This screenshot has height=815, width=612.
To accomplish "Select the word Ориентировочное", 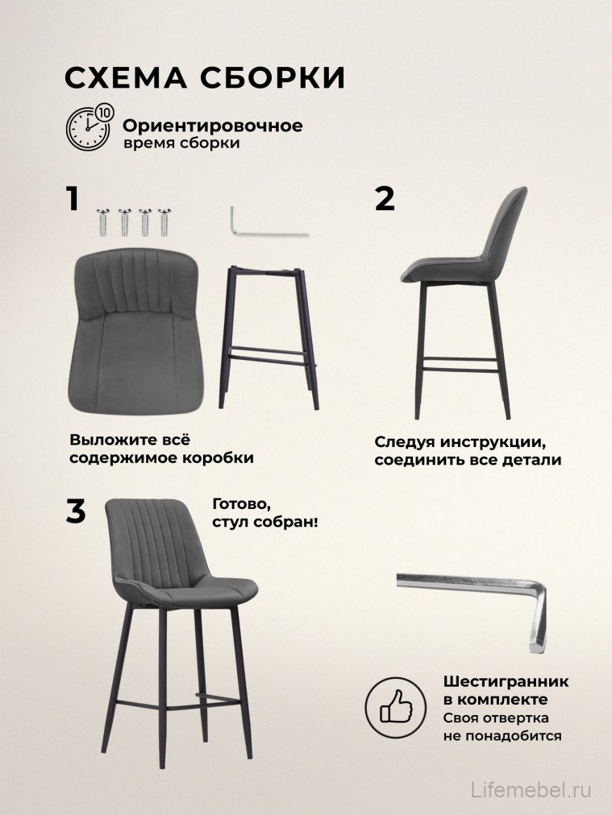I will tap(212, 126).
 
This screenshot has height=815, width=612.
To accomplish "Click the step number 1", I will tap(73, 198).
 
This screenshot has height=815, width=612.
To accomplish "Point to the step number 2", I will tap(385, 198).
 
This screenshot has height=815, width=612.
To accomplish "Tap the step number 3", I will tap(75, 511).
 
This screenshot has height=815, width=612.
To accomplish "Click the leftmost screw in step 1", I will tap(103, 221).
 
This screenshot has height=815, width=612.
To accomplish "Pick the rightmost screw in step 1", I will tap(166, 221).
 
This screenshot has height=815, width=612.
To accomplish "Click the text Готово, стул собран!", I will tap(264, 512).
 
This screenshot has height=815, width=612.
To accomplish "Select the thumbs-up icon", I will tap(395, 707).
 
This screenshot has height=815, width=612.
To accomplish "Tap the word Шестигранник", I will tap(506, 681).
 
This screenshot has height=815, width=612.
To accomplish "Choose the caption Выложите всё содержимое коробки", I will tap(161, 449).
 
